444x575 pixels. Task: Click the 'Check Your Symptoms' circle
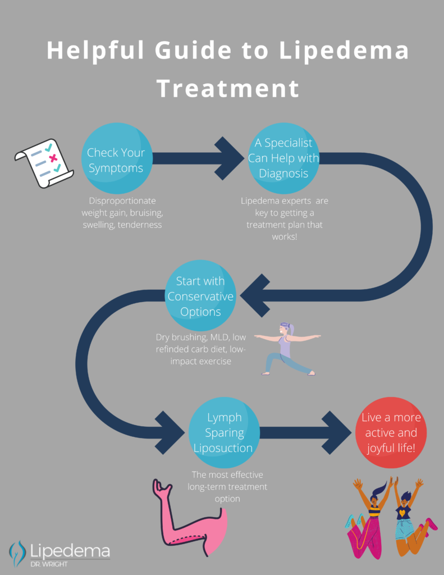coord(116,160)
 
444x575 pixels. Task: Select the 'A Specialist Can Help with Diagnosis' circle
coord(283,158)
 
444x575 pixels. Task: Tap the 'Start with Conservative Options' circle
coord(200,296)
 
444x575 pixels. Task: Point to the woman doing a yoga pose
coord(286,348)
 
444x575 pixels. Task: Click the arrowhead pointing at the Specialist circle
coord(230,158)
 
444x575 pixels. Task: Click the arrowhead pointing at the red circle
coord(337,432)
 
